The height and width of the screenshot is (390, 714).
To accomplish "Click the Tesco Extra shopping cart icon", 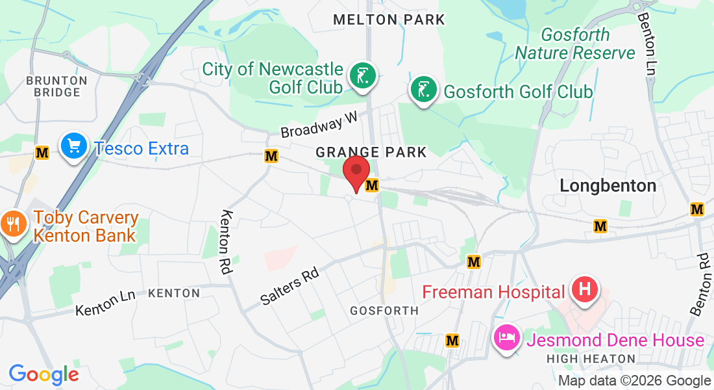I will [x=74, y=146].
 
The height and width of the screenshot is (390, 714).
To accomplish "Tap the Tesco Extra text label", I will [x=142, y=149].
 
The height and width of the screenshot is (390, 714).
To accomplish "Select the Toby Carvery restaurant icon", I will [x=12, y=223].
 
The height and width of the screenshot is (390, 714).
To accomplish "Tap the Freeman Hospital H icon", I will [x=584, y=289].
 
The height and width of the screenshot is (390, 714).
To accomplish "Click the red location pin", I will [x=356, y=173].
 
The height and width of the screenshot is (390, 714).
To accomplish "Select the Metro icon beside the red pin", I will [x=372, y=186].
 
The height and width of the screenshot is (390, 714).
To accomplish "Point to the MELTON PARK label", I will [x=389, y=20].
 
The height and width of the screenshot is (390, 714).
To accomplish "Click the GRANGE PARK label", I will [x=371, y=153].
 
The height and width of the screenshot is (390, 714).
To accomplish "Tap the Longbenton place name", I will [x=608, y=186].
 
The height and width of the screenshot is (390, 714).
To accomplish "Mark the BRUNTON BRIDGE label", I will [x=56, y=86].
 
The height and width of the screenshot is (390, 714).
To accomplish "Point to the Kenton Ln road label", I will [x=105, y=302].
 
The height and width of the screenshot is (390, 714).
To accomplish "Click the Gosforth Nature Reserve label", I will [x=575, y=44].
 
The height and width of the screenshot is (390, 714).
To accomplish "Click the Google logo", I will [x=43, y=374].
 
